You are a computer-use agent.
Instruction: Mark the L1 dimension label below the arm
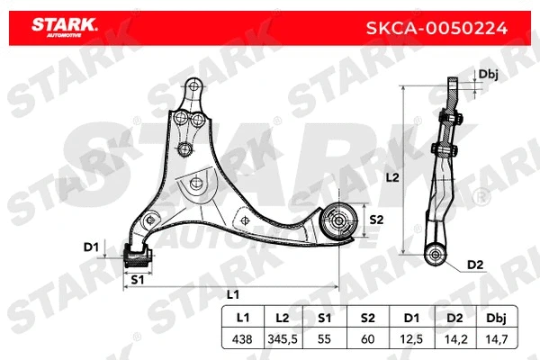point(231,295)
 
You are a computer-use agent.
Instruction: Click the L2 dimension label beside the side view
point(391,178)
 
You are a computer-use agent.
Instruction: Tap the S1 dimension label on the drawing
point(138,280)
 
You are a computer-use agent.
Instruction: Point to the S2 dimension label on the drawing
point(376,220)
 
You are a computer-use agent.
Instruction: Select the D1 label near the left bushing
point(90,246)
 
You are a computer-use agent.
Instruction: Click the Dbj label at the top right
point(489,75)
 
